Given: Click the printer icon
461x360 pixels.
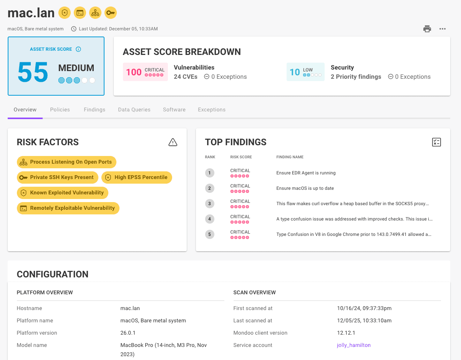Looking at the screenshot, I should pyautogui.click(x=427, y=29).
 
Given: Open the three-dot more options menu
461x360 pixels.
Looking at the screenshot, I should pyautogui.click(x=443, y=29).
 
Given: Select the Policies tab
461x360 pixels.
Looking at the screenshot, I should pyautogui.click(x=60, y=109).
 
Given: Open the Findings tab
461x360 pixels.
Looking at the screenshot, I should pyautogui.click(x=95, y=109).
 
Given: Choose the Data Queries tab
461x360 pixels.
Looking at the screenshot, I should pyautogui.click(x=134, y=109).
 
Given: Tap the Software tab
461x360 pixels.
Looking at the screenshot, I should pyautogui.click(x=174, y=109).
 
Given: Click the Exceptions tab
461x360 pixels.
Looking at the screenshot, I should pyautogui.click(x=212, y=109).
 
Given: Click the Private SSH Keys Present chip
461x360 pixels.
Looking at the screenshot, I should pyautogui.click(x=57, y=177).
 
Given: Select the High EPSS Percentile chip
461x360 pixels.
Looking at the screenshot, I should pyautogui.click(x=137, y=177).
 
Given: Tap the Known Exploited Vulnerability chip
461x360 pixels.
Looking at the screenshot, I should pyautogui.click(x=63, y=192).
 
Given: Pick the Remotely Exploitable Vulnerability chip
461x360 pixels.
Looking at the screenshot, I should pyautogui.click(x=68, y=208).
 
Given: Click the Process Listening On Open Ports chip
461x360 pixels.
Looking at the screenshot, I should pyautogui.click(x=66, y=162).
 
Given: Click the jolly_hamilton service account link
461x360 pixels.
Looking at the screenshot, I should pyautogui.click(x=354, y=345).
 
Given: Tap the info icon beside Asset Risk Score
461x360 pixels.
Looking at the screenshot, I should pyautogui.click(x=78, y=49).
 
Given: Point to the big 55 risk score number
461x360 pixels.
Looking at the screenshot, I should pyautogui.click(x=33, y=72).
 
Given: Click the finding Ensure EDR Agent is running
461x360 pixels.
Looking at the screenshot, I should pyautogui.click(x=306, y=173).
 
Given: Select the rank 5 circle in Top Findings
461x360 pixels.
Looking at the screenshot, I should pyautogui.click(x=209, y=234).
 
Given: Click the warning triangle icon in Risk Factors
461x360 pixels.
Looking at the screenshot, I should pyautogui.click(x=173, y=142).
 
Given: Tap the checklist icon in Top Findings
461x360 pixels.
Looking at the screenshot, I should pyautogui.click(x=436, y=142).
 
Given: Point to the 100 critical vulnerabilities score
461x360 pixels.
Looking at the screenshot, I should pyautogui.click(x=134, y=72).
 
